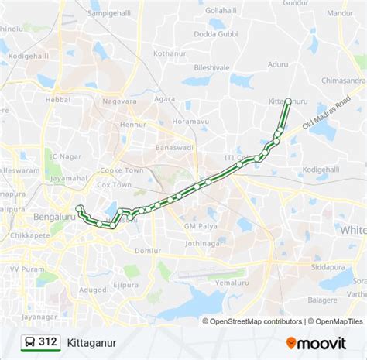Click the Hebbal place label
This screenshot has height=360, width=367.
tap(58, 100)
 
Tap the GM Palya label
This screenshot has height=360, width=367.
tap(201, 225)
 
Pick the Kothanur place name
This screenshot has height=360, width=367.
tap(170, 53)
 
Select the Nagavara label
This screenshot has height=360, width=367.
tap(119, 101)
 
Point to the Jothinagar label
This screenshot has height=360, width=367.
tap(204, 243)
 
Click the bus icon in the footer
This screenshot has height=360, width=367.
tap(29, 341)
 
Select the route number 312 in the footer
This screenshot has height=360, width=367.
tap(48, 341)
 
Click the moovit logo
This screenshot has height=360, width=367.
tap(317, 342)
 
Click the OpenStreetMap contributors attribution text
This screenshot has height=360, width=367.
tap(252, 321)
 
